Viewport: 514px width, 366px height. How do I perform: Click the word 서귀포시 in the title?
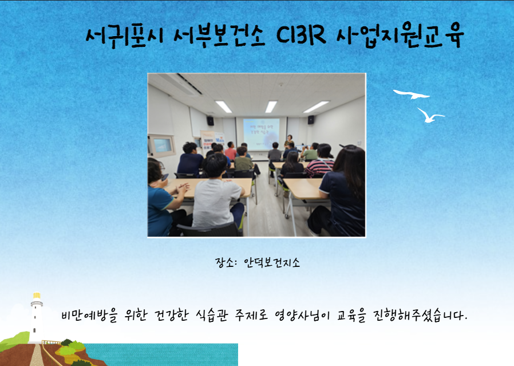click(x=124, y=36)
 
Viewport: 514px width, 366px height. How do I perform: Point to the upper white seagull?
click(x=412, y=94)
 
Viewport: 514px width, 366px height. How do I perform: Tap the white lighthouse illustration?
click(x=36, y=317)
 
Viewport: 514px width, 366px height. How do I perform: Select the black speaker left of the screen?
click(x=211, y=121)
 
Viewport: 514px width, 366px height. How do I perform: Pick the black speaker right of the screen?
click(x=311, y=120)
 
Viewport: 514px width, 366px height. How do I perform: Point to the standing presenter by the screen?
click(x=289, y=141)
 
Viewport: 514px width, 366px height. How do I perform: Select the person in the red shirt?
click(x=231, y=151)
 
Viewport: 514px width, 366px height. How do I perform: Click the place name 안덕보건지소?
click(x=272, y=262)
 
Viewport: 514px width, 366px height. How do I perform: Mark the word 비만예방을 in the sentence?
click(x=89, y=315)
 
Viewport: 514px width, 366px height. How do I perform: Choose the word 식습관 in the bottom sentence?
click(x=212, y=315)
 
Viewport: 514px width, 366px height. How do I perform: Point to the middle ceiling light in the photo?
click(x=271, y=107)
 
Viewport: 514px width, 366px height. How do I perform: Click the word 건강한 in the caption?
click(x=172, y=315)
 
